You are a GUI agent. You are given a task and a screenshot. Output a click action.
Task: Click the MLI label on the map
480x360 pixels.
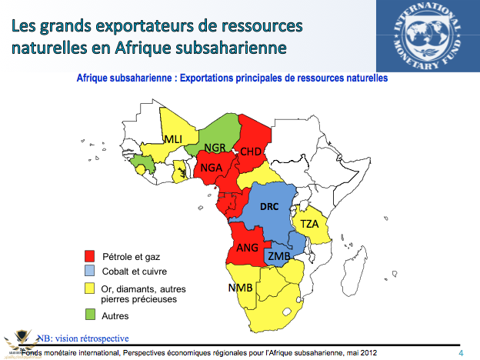pos(172,138)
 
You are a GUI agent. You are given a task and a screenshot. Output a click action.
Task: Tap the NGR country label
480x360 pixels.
pos(215,147)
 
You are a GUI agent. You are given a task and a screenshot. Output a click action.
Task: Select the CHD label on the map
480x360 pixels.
pos(251,151)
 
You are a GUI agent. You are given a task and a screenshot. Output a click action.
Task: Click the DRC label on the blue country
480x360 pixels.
pos(268,208)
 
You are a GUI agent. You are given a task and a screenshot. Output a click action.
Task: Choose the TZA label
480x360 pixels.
pos(309,224)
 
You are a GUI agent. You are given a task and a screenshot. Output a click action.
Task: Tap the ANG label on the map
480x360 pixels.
pos(247,248)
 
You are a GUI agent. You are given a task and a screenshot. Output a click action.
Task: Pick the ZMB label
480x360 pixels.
pos(278,255)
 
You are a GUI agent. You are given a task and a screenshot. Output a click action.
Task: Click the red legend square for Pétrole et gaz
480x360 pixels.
pos(88,255)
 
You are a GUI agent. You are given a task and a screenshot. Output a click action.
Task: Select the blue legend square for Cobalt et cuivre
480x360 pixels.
pos(88,271)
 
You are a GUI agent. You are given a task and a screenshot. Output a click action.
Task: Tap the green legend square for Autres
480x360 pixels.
pos(88,315)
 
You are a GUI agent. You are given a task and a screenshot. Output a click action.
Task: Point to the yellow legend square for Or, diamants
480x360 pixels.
pos(88,288)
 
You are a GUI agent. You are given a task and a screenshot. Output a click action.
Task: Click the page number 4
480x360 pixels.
pos(461,352)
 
